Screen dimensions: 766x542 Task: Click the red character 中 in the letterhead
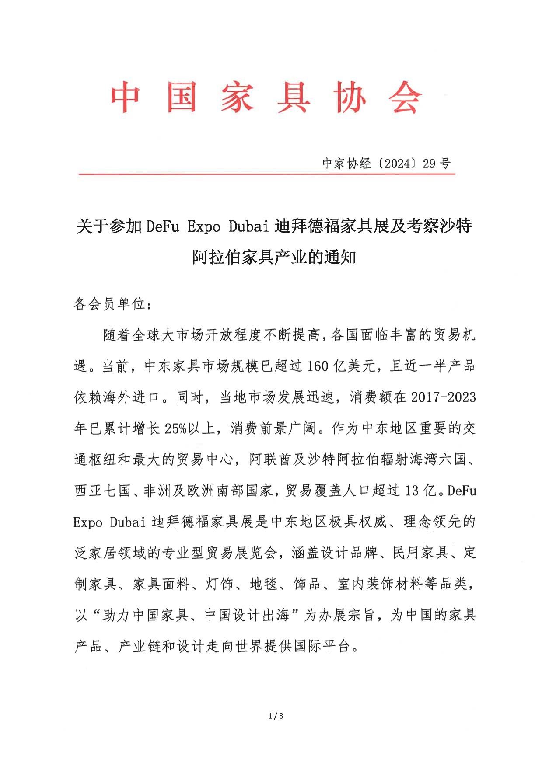pyautogui.click(x=125, y=97)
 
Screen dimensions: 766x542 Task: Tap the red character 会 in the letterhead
pyautogui.click(x=405, y=97)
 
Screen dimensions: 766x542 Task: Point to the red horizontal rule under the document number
pyautogui.click(x=266, y=174)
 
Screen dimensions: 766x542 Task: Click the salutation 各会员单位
pyautogui.click(x=109, y=304)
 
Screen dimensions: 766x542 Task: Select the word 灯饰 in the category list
pyautogui.click(x=220, y=584)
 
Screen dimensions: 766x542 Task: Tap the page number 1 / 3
pyautogui.click(x=276, y=716)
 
